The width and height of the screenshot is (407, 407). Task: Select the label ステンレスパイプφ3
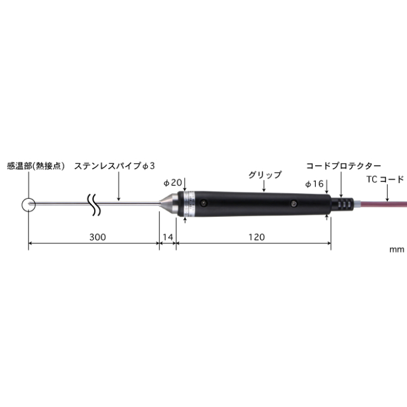114,166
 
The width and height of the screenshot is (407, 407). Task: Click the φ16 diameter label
314,183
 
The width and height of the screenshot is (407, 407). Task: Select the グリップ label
265,174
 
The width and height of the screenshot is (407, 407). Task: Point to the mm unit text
397,249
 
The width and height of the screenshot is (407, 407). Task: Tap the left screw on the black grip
203,203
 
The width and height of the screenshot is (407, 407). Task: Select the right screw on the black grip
293,203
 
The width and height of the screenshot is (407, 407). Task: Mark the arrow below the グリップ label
265,185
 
